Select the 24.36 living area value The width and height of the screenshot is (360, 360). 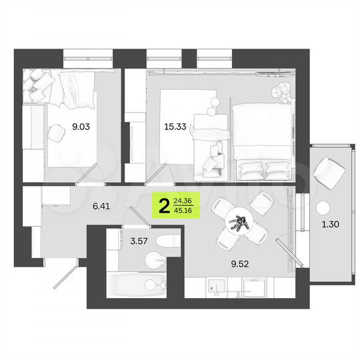(182, 199)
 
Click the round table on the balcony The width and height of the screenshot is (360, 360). (326, 206)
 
